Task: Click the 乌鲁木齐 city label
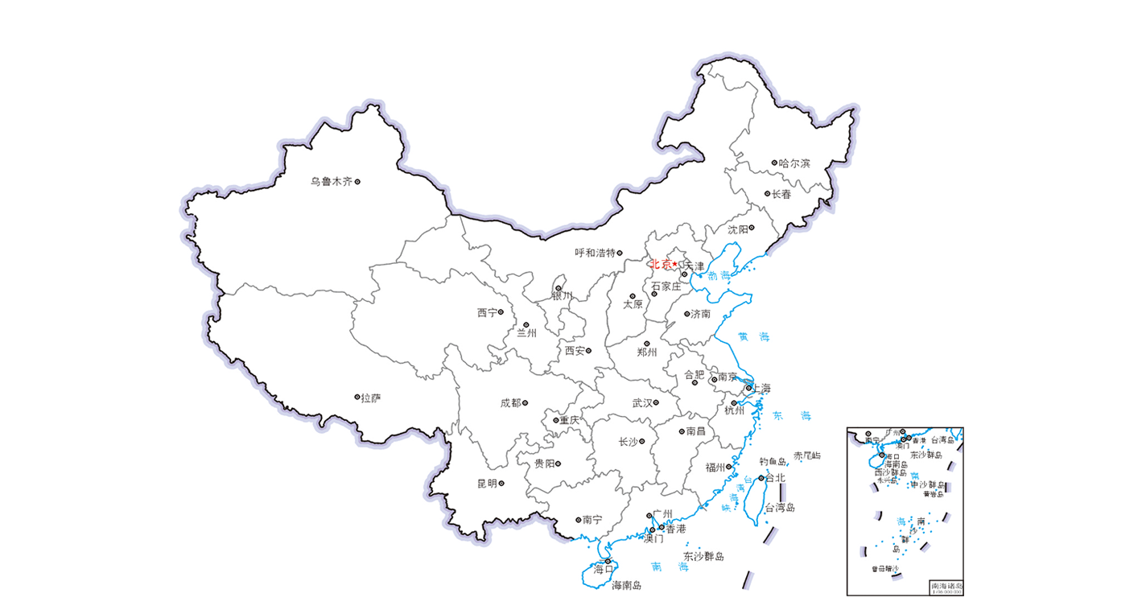coord(332,182)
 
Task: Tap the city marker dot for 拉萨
coord(357,397)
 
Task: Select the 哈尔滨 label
coord(795,163)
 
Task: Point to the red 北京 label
coord(660,263)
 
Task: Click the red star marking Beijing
coord(675,264)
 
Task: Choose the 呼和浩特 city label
coord(595,253)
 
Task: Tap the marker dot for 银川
coord(559,287)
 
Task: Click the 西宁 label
coord(487,312)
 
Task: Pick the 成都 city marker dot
coord(525,402)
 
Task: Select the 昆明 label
coord(487,484)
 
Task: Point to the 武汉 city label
coord(641,403)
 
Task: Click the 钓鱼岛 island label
coord(773,461)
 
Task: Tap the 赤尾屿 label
coord(807,455)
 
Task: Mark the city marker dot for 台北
coord(761,477)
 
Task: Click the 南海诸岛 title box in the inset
coord(946,587)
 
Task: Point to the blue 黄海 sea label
coord(753,337)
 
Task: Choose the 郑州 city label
coord(647,352)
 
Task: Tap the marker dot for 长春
coord(767,193)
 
